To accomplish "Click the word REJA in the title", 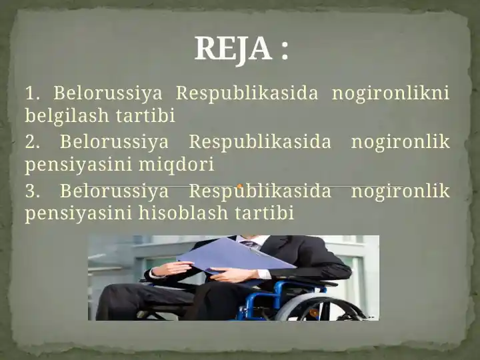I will [233, 49].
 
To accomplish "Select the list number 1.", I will [33, 93].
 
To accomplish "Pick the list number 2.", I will [33, 142].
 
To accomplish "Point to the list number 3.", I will [33, 192].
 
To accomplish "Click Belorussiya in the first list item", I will [107, 93].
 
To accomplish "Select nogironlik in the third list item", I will [400, 192].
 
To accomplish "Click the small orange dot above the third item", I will [239, 186].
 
